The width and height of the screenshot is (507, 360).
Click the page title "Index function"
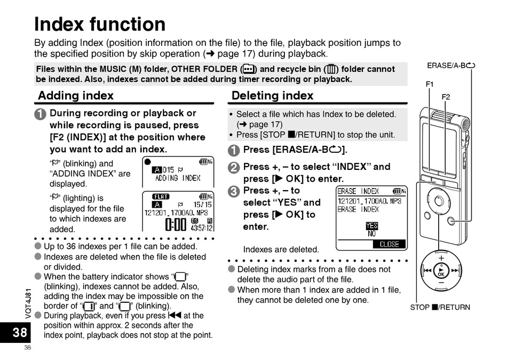coord(100,24)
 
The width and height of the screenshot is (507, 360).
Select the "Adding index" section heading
coord(76,96)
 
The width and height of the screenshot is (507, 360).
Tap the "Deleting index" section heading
coord(272,96)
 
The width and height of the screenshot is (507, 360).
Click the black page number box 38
coord(15,332)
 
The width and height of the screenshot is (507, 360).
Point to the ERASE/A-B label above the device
coord(451,65)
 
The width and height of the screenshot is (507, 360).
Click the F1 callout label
coord(430,84)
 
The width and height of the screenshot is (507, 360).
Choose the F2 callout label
coord(446,97)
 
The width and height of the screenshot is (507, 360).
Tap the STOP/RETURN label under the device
coord(440,307)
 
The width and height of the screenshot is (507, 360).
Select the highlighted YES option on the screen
coord(372,225)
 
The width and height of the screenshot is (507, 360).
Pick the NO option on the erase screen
coord(372,234)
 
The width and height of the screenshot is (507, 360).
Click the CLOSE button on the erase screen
coord(389,244)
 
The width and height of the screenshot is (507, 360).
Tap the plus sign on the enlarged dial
coord(441,258)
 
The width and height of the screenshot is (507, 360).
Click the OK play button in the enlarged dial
coord(441,271)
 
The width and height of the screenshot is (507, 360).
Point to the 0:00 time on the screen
coord(176,224)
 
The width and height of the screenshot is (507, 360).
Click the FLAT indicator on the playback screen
coord(161,197)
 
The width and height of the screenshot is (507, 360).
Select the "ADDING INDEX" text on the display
coord(178,178)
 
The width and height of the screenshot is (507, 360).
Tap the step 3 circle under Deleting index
coord(233,192)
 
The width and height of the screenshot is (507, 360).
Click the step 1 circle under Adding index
coord(41,114)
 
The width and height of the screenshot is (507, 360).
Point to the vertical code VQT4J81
coord(28,303)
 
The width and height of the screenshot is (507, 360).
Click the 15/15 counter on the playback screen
coord(202,205)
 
